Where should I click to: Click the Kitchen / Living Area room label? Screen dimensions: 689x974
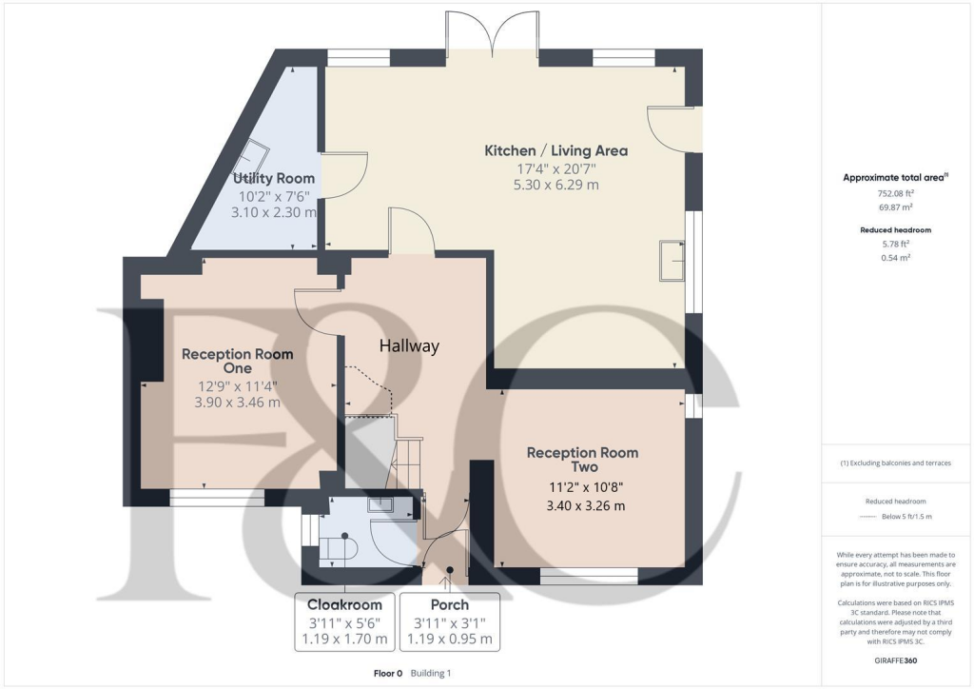pyautogui.click(x=555, y=150)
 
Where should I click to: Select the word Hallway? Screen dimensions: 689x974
pyautogui.click(x=410, y=346)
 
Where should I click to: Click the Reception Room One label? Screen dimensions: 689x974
pyautogui.click(x=238, y=361)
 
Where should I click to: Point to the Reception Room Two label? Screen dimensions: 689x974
pyautogui.click(x=582, y=460)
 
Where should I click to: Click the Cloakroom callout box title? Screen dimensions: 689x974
pyautogui.click(x=344, y=604)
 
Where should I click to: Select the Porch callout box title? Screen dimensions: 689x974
pyautogui.click(x=450, y=604)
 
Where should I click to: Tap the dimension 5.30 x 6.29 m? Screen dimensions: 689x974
pyautogui.click(x=555, y=186)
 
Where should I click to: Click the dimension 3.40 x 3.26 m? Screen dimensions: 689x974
pyautogui.click(x=585, y=505)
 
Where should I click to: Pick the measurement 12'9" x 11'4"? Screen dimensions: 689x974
pyautogui.click(x=238, y=386)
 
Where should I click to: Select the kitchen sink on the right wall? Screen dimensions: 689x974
pyautogui.click(x=672, y=260)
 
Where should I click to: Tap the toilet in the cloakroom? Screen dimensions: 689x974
pyautogui.click(x=336, y=547)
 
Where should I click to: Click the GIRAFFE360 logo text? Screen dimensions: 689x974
pyautogui.click(x=894, y=659)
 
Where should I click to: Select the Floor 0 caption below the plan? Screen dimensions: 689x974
pyautogui.click(x=388, y=674)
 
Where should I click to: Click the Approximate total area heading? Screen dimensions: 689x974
pyautogui.click(x=892, y=178)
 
